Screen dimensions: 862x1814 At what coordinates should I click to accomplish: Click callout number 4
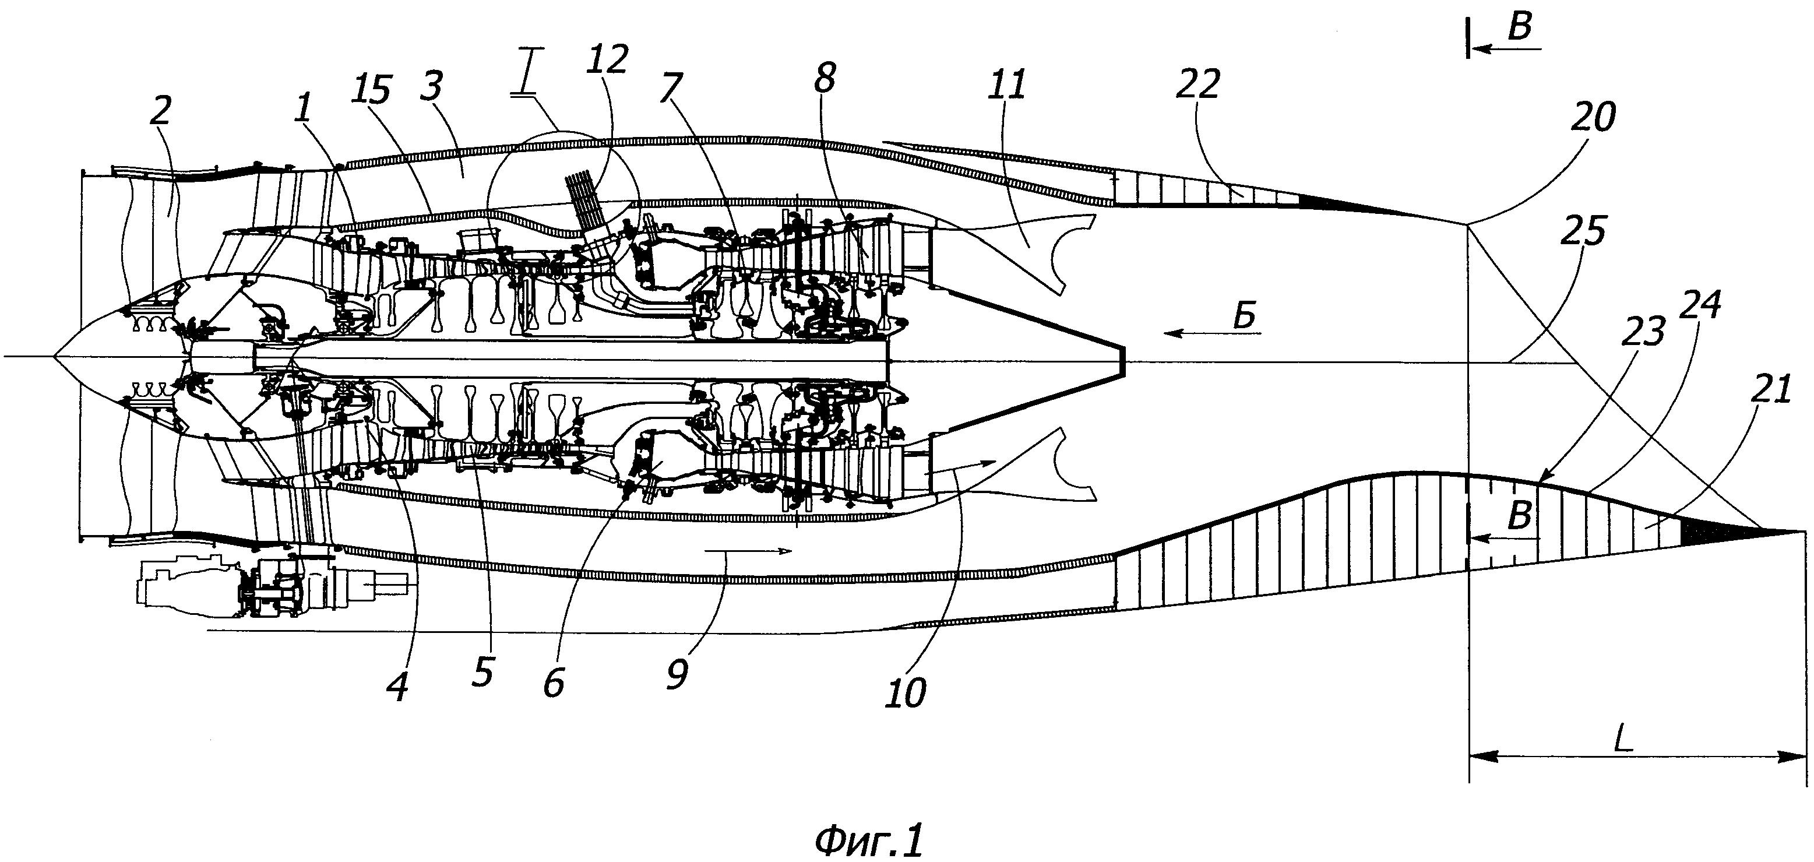(x=398, y=687)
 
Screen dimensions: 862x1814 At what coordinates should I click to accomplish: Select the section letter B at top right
(x=1520, y=28)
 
